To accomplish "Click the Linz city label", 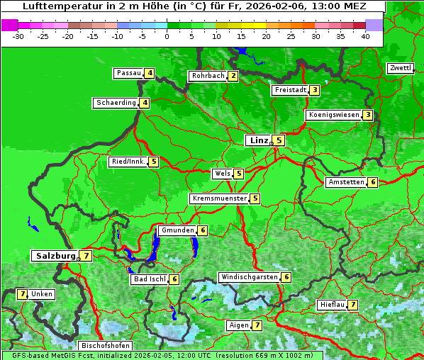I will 258,140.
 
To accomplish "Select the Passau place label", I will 128,73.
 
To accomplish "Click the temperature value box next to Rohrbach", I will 233,76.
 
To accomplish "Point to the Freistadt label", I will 290,90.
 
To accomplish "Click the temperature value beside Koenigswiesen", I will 367,115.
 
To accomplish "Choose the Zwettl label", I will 400,68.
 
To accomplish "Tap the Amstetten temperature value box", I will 373,182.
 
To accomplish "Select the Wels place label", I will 222,174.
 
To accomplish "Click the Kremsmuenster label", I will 219,199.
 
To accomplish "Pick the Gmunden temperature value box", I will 203,230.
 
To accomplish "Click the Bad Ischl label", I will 149,279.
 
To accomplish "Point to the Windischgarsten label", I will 249,277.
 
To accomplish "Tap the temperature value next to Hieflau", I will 352,305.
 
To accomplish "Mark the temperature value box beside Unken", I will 22,294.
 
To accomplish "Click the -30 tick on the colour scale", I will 18,35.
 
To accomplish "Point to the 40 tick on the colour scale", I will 365,35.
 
